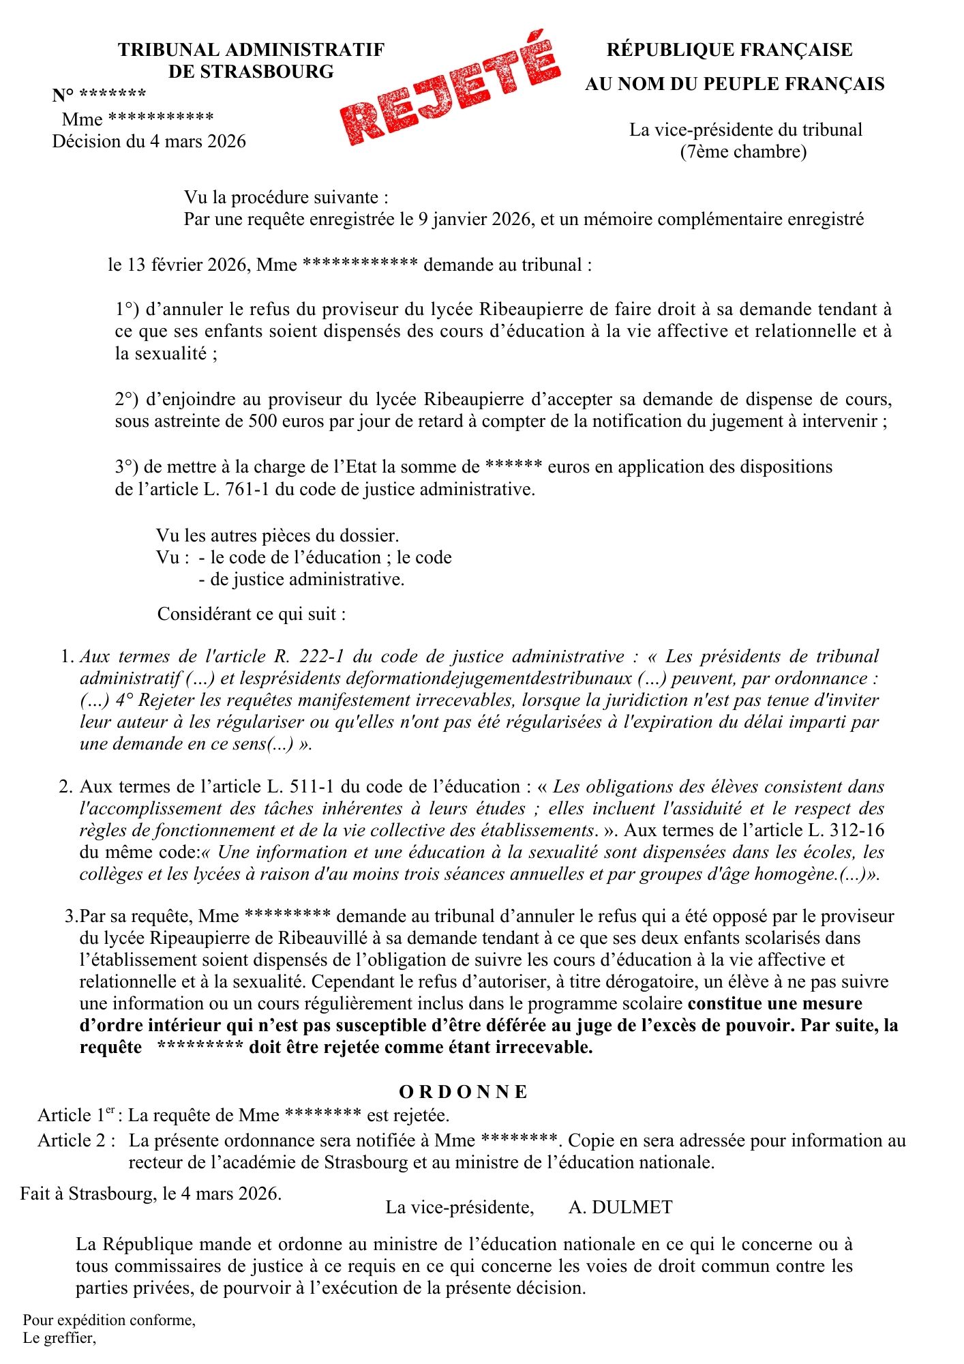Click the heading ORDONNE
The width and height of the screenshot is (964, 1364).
tap(464, 1092)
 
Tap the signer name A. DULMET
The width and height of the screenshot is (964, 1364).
tap(620, 1207)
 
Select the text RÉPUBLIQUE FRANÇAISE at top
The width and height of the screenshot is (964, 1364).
tap(729, 50)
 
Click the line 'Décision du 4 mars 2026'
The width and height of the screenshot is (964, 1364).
tap(149, 141)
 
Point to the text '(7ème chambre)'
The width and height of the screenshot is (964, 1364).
tap(743, 151)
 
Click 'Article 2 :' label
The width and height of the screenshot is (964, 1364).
tap(76, 1140)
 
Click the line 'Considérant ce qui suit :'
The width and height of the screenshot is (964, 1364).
tap(252, 614)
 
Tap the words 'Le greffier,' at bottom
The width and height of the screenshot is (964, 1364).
tap(59, 1337)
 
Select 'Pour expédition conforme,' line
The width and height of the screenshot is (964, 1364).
tap(109, 1320)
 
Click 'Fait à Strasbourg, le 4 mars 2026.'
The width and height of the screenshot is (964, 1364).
tap(151, 1193)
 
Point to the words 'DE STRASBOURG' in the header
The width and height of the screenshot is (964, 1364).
tap(251, 71)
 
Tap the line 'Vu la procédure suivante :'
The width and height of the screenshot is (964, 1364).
tap(286, 198)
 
